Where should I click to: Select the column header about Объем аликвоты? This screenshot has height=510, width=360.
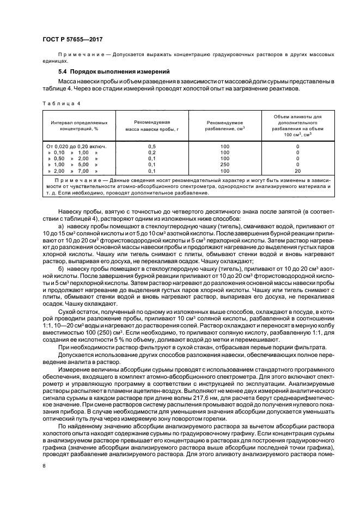pos(297,126)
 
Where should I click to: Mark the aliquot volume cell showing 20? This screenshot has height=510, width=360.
pos(297,171)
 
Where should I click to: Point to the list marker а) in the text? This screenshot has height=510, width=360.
pos(60,225)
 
